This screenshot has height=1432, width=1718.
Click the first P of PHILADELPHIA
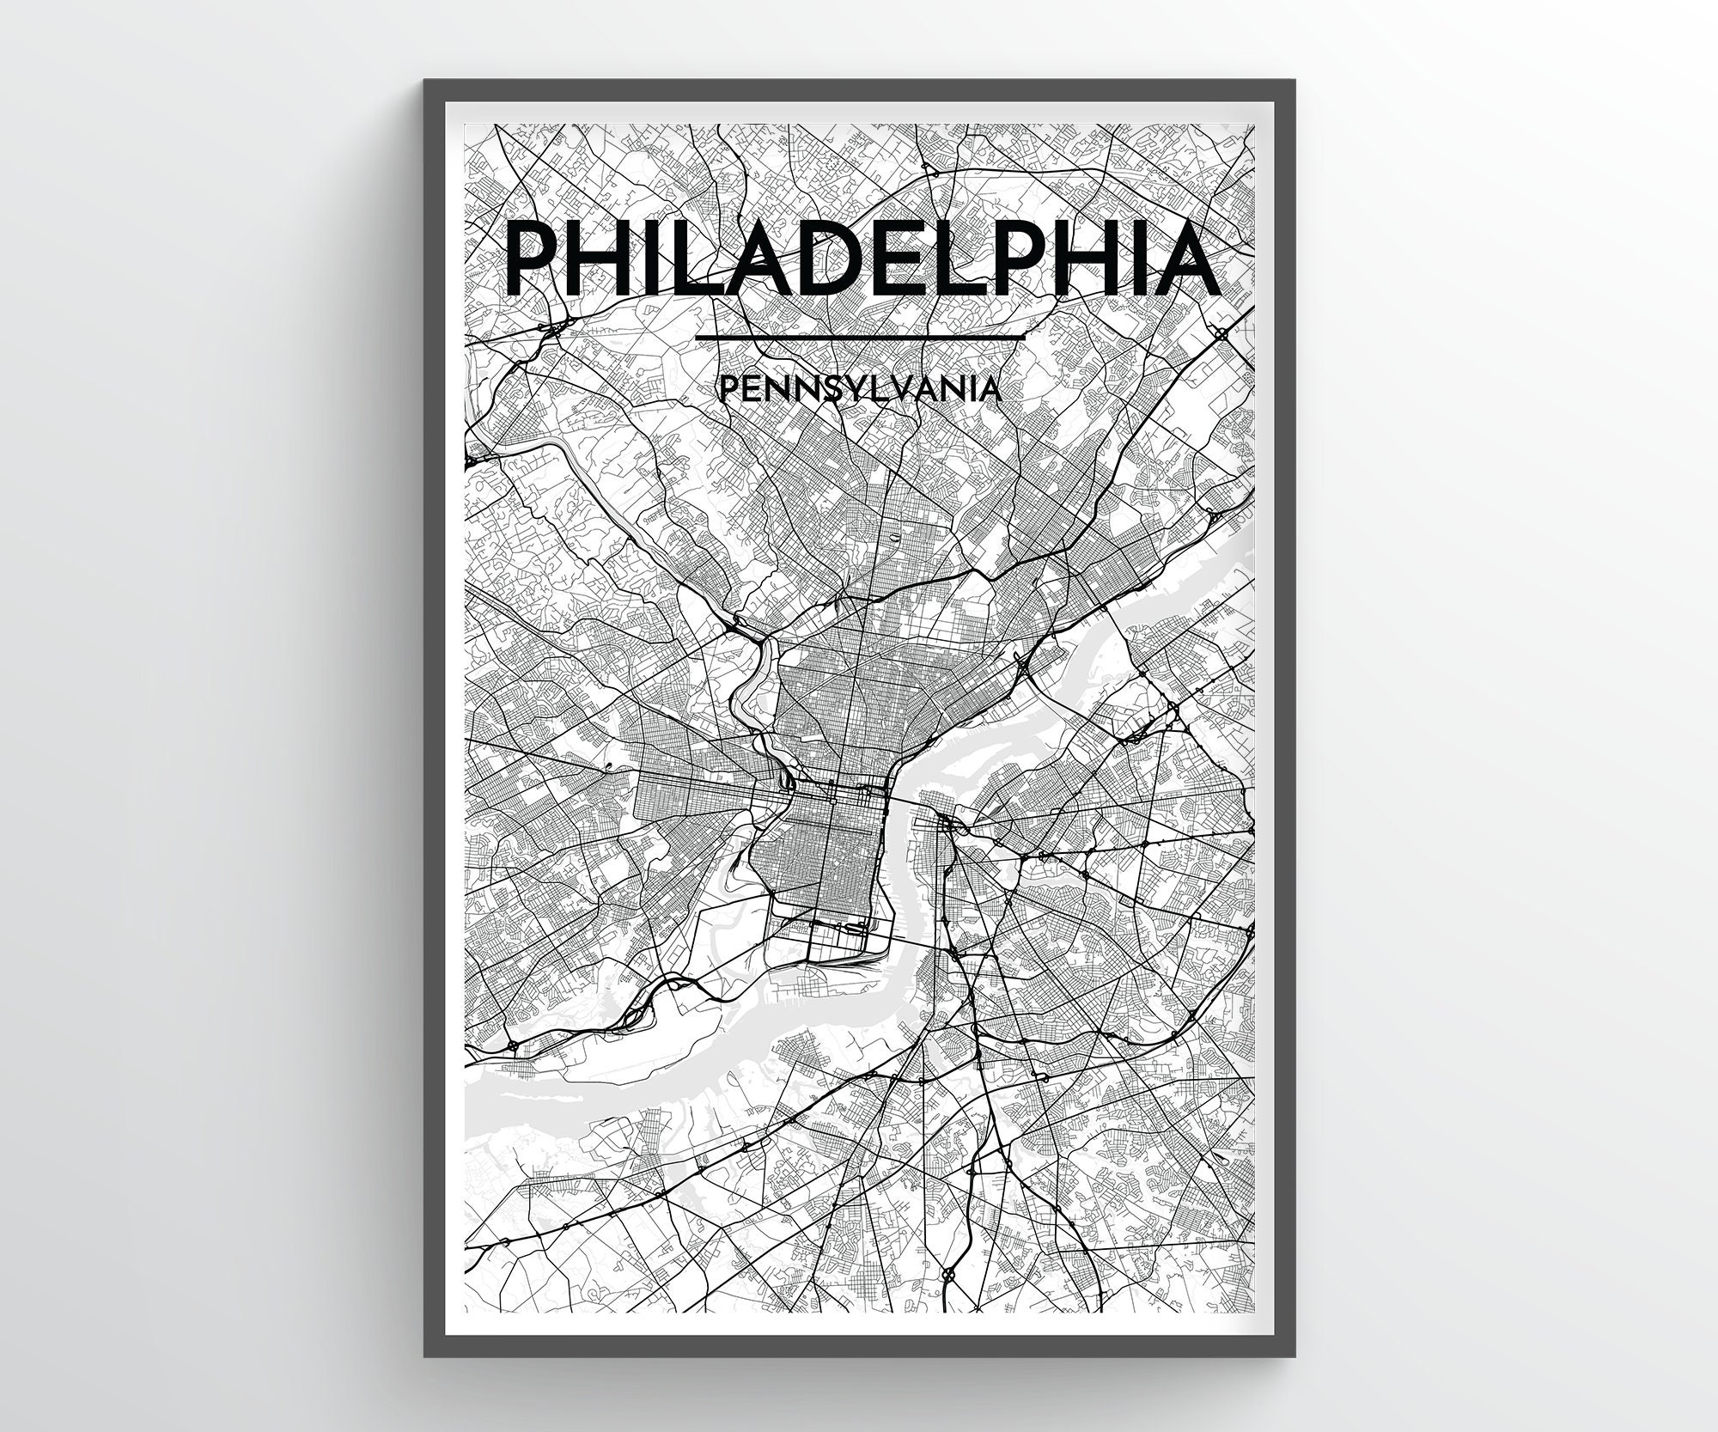(x=533, y=258)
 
